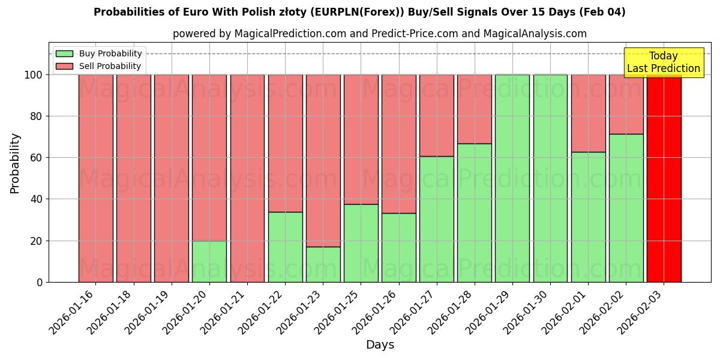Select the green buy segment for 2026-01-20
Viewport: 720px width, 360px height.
click(x=209, y=262)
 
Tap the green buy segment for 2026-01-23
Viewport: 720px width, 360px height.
click(x=323, y=265)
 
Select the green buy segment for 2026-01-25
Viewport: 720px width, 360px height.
click(x=361, y=243)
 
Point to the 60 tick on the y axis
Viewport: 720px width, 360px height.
click(x=37, y=158)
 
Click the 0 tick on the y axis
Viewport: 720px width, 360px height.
click(x=40, y=282)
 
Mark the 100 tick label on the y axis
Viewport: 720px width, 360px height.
click(x=34, y=75)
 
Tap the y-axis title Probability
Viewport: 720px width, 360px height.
click(x=15, y=163)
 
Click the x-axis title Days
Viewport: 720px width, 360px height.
click(x=380, y=345)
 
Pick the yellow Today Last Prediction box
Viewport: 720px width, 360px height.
click(x=664, y=62)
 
